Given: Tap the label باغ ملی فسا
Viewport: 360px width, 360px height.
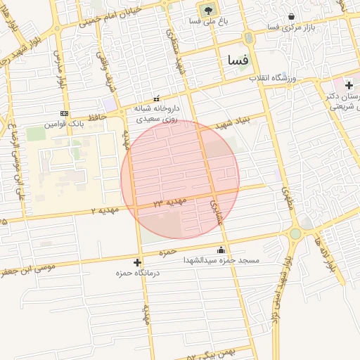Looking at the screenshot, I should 207,21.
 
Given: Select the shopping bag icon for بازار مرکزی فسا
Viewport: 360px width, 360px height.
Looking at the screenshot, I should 292,16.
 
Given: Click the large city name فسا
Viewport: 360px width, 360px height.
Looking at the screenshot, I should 234,60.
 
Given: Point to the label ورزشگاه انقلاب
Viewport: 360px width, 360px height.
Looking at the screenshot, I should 275,77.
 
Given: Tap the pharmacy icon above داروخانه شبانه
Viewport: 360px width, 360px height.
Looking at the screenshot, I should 156,99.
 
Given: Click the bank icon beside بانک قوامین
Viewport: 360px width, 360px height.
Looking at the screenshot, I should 65,113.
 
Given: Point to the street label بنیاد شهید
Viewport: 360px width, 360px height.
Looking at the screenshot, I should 233,124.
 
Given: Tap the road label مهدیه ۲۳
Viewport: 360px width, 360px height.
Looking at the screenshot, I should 171,202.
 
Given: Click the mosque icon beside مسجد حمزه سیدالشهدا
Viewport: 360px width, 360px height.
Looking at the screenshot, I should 221,249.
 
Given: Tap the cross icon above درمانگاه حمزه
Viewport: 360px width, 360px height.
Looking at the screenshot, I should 137,262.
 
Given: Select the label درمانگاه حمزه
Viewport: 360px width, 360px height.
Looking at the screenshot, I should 138,273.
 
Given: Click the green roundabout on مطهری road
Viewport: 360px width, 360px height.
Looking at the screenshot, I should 295,233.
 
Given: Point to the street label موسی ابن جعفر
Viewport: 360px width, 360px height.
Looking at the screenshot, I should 28,268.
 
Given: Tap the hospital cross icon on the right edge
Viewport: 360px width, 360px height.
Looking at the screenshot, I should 349,85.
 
